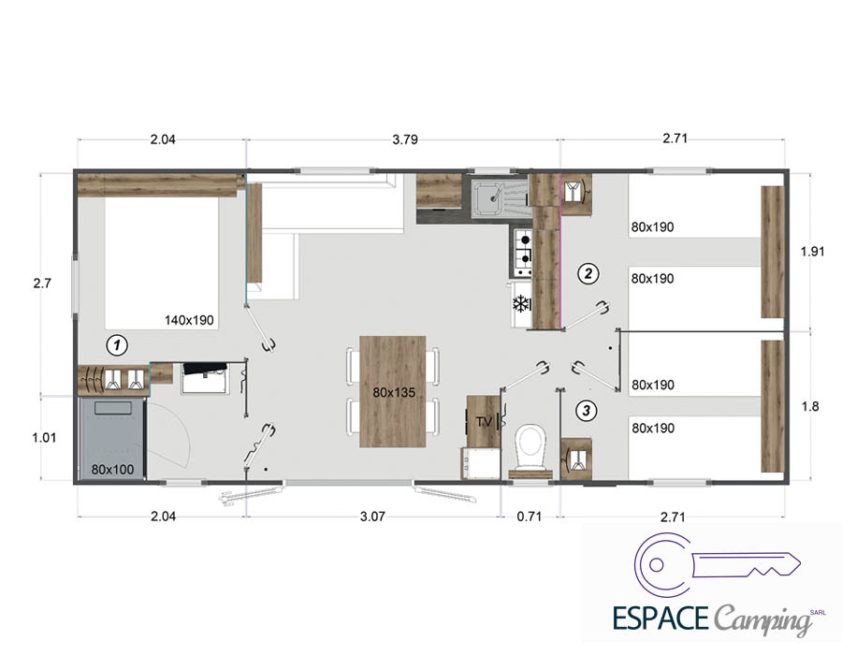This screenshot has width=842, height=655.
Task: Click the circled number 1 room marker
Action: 117,344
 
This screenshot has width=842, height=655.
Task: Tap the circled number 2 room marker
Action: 588,273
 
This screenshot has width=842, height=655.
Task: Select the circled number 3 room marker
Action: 586,411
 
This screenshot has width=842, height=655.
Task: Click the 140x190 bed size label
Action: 189,320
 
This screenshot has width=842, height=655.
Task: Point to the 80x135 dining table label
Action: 394,392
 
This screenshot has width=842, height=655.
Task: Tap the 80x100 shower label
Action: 112,469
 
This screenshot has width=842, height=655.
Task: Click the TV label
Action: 484,422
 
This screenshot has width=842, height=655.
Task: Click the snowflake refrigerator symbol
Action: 520,304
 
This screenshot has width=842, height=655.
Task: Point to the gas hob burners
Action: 523,250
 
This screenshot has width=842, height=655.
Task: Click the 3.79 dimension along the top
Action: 405,139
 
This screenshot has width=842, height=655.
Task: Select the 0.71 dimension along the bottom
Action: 529,517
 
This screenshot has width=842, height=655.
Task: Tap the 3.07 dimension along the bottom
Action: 372,517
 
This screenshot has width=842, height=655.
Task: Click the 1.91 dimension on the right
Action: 812,252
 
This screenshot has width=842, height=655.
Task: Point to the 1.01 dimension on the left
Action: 44,438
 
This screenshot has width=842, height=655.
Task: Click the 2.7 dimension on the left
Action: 42,283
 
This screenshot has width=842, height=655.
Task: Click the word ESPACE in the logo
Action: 661,618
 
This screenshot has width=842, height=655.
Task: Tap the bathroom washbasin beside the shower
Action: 206,378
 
